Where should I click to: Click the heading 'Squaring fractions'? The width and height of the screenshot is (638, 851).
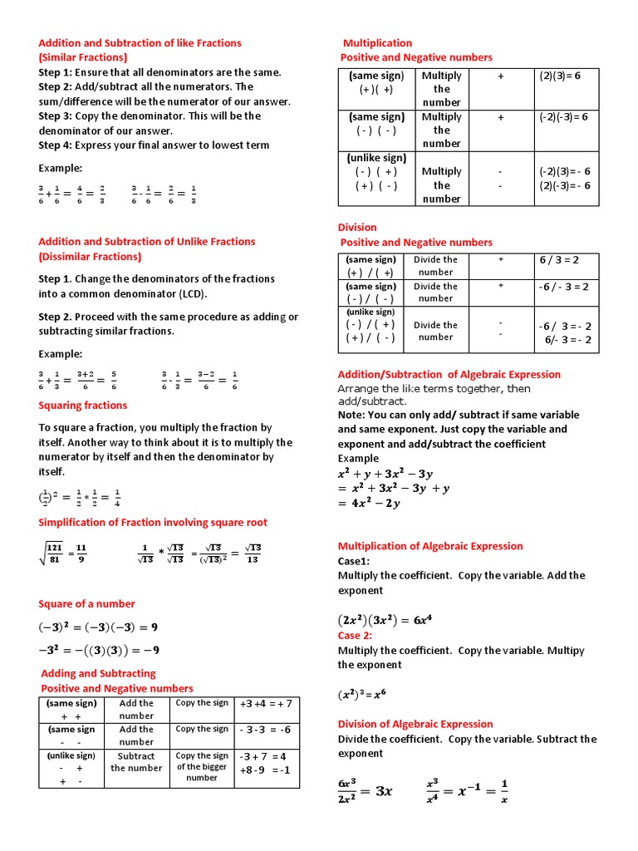point(83,406)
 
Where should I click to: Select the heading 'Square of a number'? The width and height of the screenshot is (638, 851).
point(86,603)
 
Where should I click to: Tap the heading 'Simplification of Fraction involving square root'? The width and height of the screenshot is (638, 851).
point(153,523)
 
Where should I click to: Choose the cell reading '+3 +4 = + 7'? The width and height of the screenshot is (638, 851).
point(266,704)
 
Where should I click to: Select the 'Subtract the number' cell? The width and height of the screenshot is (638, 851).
point(136,762)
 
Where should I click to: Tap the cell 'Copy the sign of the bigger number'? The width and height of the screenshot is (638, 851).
point(202,767)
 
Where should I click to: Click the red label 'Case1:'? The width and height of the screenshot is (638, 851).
point(353,561)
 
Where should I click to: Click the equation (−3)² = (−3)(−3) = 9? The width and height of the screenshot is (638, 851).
point(98,627)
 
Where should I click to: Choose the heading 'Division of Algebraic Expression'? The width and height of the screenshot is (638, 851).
point(415,724)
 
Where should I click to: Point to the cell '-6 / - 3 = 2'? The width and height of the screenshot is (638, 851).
point(564,287)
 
